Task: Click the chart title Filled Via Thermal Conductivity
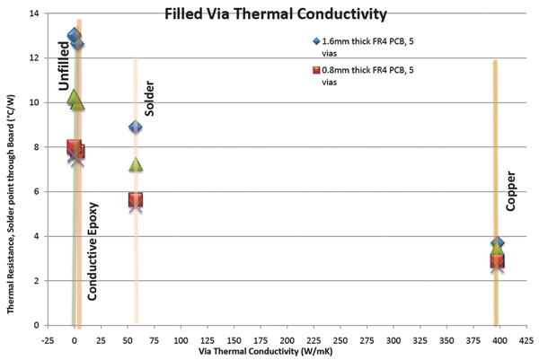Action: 269,14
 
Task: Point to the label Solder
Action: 150,102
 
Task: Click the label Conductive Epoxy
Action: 93,250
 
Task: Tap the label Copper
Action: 510,191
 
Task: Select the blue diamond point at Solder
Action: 136,127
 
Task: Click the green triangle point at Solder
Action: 136,164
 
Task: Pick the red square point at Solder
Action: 136,200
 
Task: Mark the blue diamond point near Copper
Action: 498,243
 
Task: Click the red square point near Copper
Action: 497,261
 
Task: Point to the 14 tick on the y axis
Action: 34,13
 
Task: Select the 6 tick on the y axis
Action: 37,191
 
